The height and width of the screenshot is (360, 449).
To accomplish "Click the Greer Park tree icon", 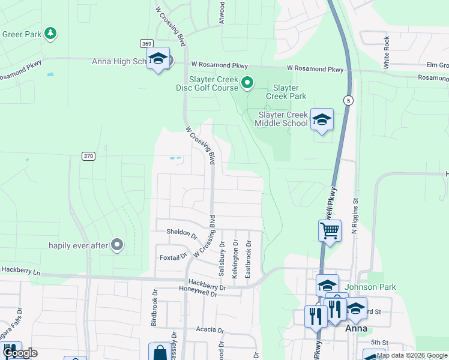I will click(51, 33).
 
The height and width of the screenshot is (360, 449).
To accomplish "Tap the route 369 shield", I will click(146, 43).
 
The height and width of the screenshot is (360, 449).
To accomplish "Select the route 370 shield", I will click(89, 156).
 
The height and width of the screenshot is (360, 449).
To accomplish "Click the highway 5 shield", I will click(347, 100).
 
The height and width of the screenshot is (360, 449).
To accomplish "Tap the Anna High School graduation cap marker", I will click(158, 59).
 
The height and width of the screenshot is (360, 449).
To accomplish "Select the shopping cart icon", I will click(330, 230).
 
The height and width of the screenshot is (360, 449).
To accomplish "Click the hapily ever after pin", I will click(117, 245).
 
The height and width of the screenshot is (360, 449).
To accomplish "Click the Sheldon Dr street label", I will click(177, 233).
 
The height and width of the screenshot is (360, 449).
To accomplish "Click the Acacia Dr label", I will click(209, 330).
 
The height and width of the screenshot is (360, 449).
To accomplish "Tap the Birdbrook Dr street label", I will click(154, 308).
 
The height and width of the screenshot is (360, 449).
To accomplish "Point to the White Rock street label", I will click(387, 52).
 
